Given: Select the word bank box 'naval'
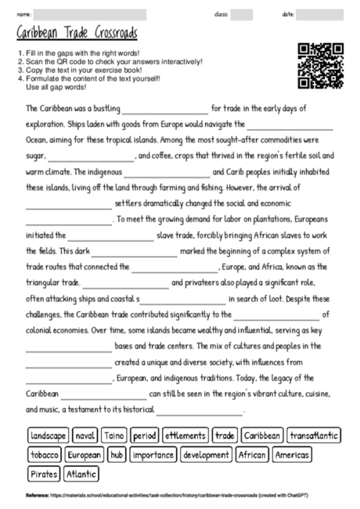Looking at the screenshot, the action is click(x=85, y=435).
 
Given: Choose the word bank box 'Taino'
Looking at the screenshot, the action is click(x=114, y=435).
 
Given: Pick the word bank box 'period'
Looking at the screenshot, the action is click(x=145, y=435).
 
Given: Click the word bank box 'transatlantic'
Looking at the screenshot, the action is click(x=313, y=435).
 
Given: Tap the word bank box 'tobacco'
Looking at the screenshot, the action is click(x=44, y=454).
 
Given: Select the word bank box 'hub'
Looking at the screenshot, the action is click(x=117, y=454).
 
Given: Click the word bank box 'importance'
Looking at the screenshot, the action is click(x=153, y=454).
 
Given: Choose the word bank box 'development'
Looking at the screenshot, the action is click(x=206, y=454).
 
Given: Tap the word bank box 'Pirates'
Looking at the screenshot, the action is click(x=43, y=474).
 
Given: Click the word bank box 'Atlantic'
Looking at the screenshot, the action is click(x=81, y=474).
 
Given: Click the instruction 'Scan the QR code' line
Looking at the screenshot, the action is click(x=110, y=61).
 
